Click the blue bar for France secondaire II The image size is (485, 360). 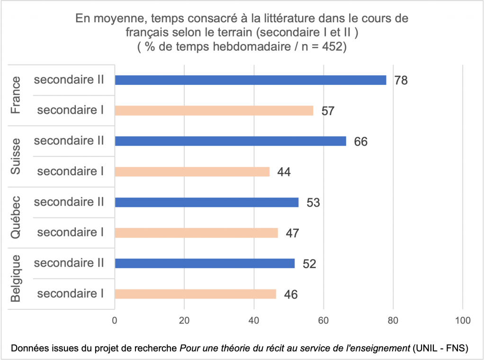[250, 80]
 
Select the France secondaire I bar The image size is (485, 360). [214, 110]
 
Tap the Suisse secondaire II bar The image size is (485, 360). [230, 141]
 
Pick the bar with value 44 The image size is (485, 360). [192, 171]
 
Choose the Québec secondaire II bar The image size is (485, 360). [207, 202]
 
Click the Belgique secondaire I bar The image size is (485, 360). [195, 294]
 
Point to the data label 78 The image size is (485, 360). [401, 81]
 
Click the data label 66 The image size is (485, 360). [360, 142]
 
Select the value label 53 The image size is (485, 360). [313, 203]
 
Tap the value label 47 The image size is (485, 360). [292, 233]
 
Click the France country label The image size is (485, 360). [16, 95]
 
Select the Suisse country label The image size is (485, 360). [16, 156]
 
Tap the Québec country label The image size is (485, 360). [16, 217]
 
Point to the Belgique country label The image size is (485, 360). [16, 279]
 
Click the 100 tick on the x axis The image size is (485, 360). [462, 320]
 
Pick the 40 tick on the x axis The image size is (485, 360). [254, 320]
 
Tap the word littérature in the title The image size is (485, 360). [242, 20]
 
